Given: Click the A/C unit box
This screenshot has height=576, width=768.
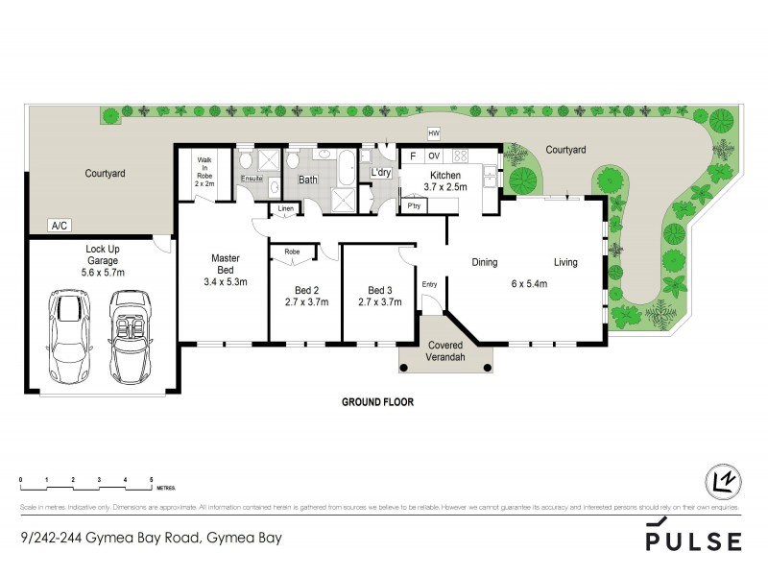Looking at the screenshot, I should pyautogui.click(x=60, y=226).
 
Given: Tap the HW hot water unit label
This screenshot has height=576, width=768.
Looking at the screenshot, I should pyautogui.click(x=434, y=134).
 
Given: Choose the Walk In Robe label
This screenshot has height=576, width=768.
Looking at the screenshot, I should pyautogui.click(x=204, y=169).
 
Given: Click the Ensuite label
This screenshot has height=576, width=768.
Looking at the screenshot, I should pyautogui.click(x=252, y=180).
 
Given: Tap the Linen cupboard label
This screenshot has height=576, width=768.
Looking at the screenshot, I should pyautogui.click(x=285, y=208).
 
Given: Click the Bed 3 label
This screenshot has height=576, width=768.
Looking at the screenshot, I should pyautogui.click(x=380, y=290).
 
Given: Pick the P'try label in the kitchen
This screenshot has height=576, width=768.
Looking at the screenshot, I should pyautogui.click(x=415, y=206).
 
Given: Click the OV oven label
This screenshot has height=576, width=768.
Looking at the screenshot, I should pyautogui.click(x=433, y=156).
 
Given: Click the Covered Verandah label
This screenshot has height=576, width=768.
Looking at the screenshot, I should pyautogui.click(x=445, y=351).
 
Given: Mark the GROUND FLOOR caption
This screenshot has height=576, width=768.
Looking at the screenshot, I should pyautogui.click(x=378, y=403).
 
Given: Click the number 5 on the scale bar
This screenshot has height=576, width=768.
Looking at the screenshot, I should pyautogui.click(x=152, y=478).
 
